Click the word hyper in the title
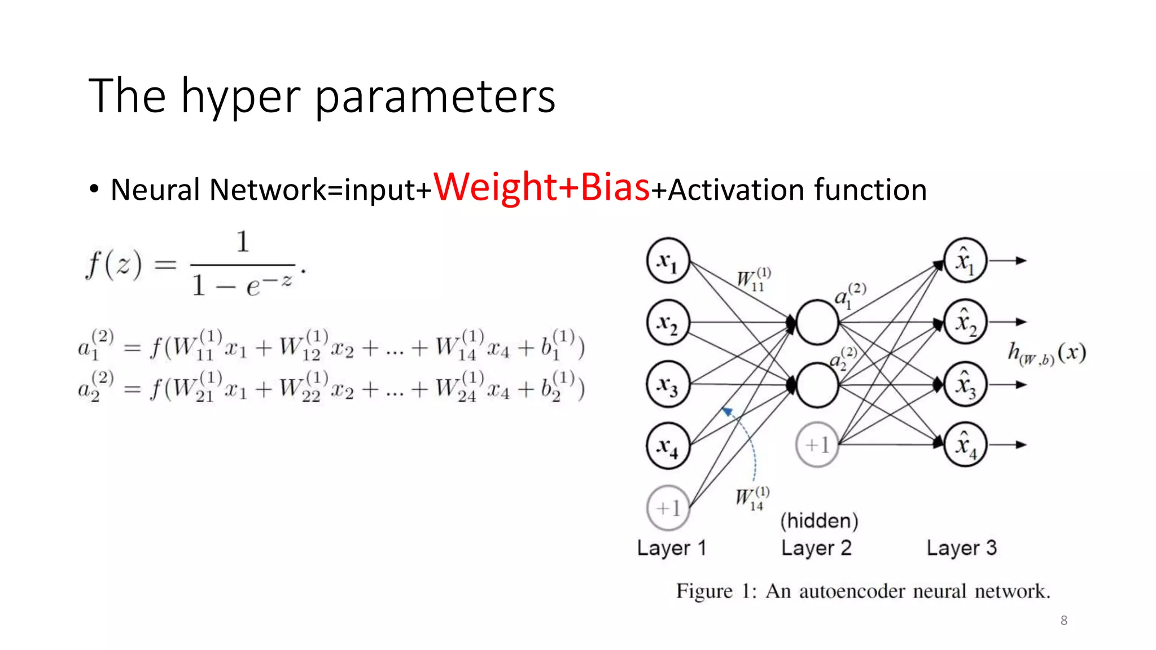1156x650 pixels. (240, 97)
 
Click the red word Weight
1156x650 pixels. (495, 187)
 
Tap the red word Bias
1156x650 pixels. (615, 187)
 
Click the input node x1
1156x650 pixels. (668, 261)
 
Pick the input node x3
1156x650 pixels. (668, 384)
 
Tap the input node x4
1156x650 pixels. (668, 446)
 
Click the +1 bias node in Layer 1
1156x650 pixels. (668, 508)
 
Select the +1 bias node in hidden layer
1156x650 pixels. (817, 445)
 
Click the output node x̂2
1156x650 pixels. (965, 322)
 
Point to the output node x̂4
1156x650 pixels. (965, 445)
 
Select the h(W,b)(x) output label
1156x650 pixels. (1047, 354)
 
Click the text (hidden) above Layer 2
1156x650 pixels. (819, 520)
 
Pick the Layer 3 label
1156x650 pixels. (961, 547)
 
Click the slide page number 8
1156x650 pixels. (1063, 621)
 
